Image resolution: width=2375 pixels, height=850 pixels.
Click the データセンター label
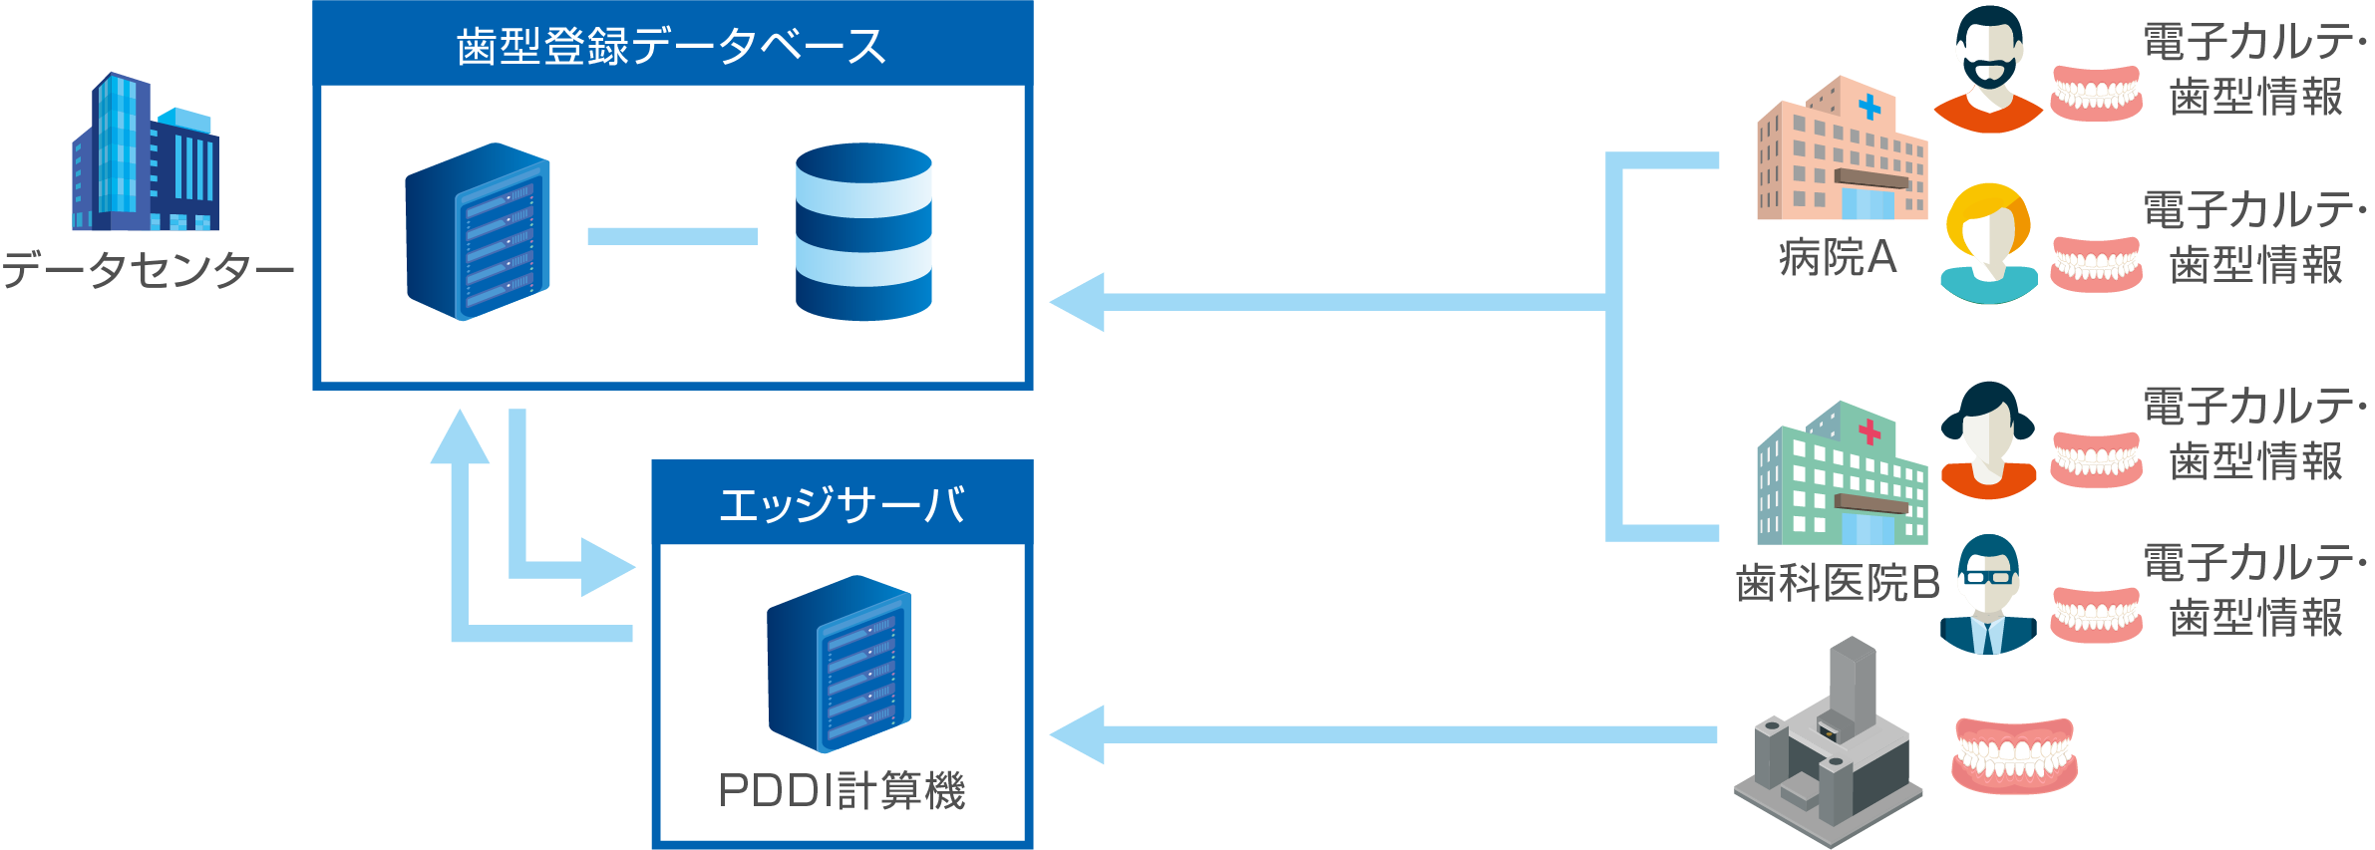pos(148,269)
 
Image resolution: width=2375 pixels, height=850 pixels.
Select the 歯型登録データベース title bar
pos(672,45)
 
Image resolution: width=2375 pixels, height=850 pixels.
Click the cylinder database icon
pos(863,231)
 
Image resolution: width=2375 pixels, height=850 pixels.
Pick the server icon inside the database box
pos(478,231)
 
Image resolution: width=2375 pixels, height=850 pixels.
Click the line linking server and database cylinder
pos(672,236)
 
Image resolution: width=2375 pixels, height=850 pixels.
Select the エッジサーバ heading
pos(842,504)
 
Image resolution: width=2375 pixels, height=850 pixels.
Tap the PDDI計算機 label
pos(842,791)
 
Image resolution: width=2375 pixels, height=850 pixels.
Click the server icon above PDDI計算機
pos(839,664)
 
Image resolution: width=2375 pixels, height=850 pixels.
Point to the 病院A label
pos(1837,258)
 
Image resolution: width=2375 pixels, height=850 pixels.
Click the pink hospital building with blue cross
pos(1841,149)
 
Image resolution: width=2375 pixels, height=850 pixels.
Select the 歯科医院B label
pos(1837,583)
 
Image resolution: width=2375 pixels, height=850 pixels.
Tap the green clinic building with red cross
pos(1841,474)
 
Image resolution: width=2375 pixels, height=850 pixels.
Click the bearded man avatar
pos(1988,70)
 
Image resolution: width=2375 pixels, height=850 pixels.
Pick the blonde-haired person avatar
pos(1989,243)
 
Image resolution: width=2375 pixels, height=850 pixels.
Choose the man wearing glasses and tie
pos(1988,595)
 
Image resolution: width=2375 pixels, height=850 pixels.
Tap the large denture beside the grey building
pos(2014,754)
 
